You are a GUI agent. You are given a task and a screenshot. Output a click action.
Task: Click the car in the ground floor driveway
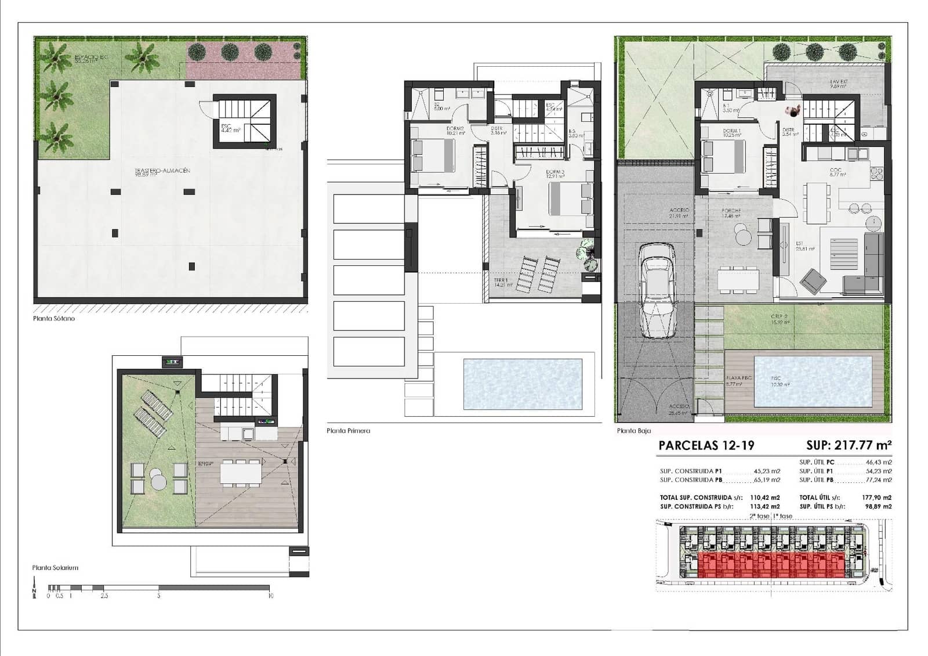click(658, 290)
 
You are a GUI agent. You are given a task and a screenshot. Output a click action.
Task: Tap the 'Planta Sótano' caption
click(54, 319)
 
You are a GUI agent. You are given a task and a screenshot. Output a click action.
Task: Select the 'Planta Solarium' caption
click(55, 568)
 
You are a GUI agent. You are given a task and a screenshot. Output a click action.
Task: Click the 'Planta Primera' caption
click(348, 431)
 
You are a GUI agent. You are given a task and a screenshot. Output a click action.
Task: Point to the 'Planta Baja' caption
click(634, 431)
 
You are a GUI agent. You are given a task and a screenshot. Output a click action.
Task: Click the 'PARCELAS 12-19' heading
click(706, 446)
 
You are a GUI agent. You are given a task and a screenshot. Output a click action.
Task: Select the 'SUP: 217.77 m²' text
click(848, 446)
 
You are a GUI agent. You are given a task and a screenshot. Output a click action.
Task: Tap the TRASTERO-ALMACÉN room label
click(154, 171)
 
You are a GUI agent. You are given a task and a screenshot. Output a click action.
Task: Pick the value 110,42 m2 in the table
click(765, 498)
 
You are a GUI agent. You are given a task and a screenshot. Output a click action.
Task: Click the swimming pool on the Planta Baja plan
click(813, 381)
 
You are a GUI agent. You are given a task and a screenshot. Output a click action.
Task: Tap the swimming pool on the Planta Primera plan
click(523, 384)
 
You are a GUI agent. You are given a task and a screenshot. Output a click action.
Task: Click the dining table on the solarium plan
click(240, 473)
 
